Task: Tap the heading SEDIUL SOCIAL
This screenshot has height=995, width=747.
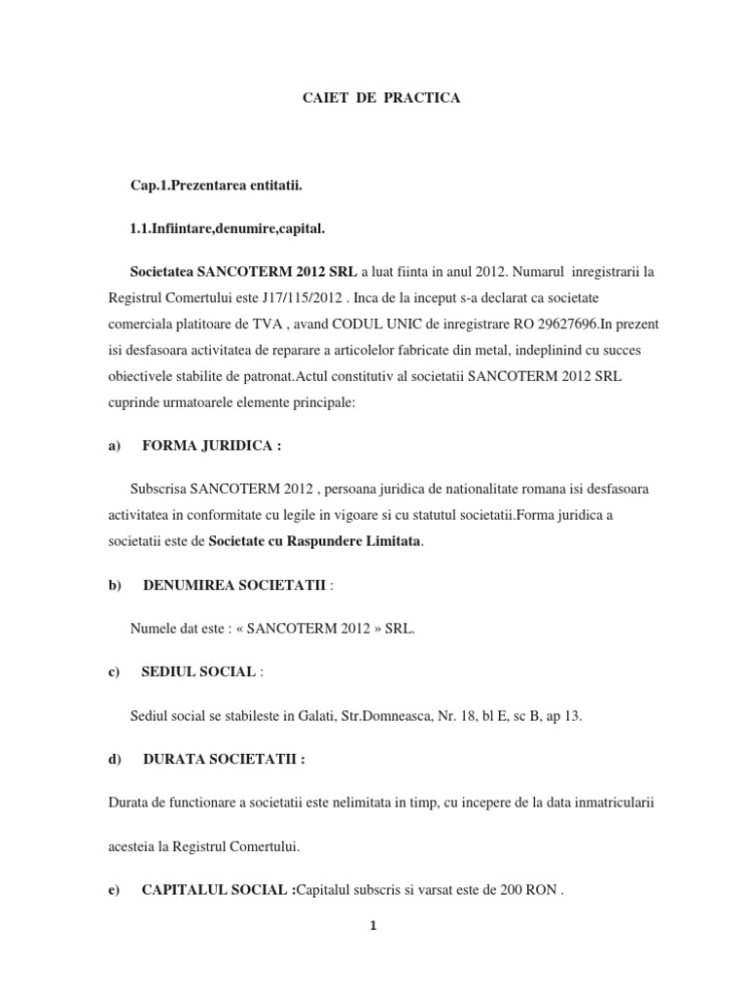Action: pos(198,672)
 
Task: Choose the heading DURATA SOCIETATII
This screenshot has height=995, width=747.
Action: pos(223,760)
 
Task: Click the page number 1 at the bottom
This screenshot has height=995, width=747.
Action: pos(373,926)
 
